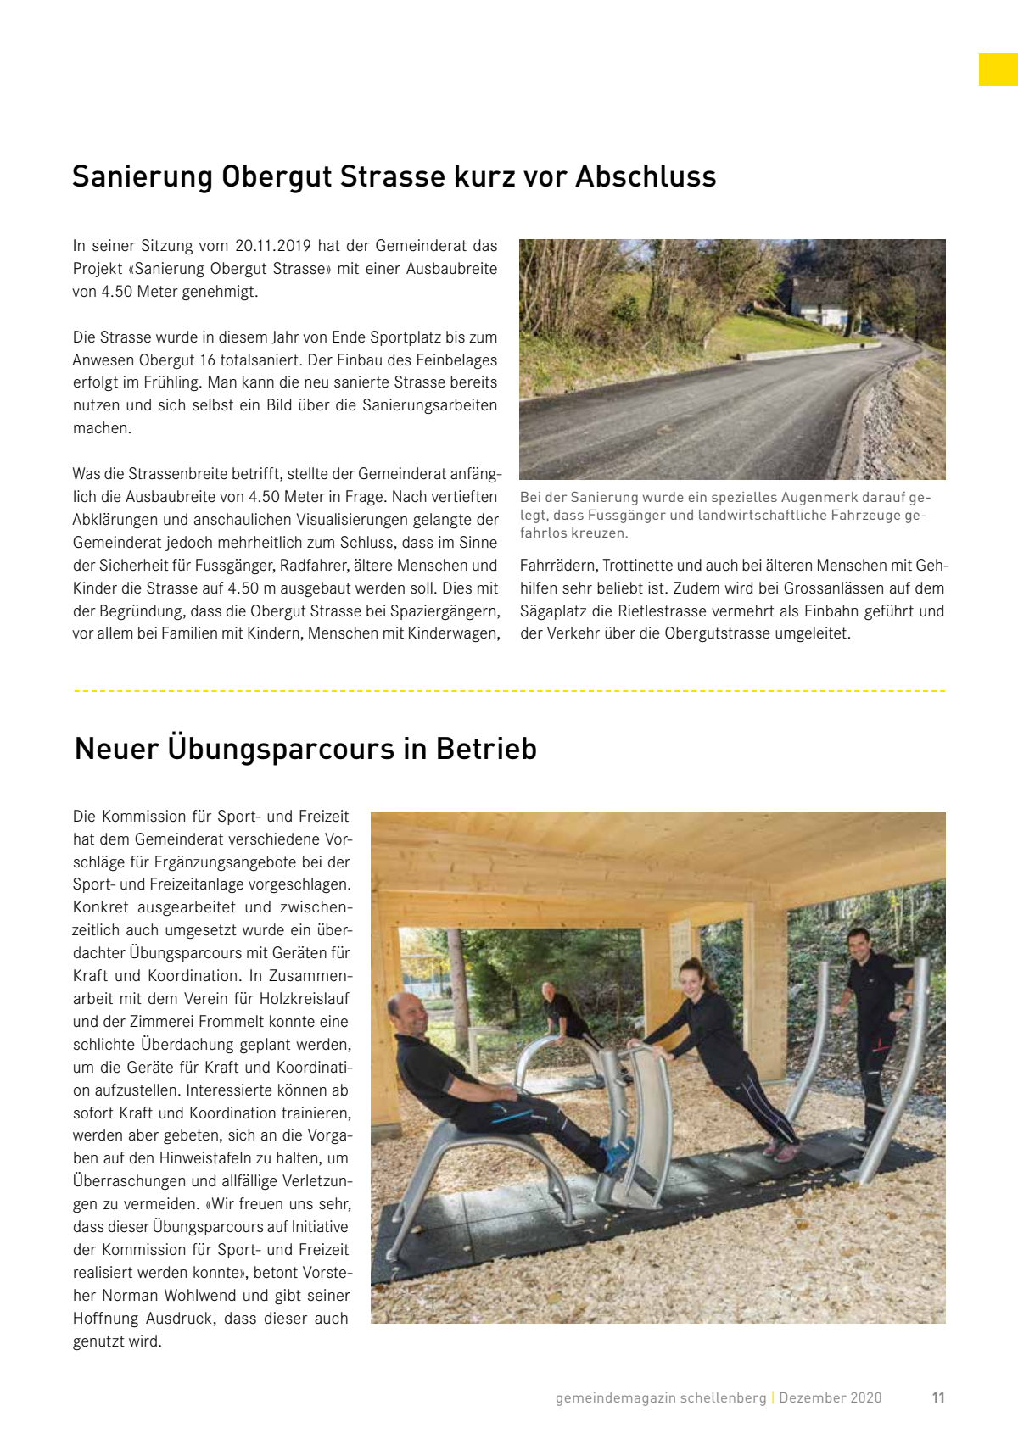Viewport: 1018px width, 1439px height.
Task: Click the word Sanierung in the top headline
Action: (142, 176)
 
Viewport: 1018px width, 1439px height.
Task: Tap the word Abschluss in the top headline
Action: (646, 176)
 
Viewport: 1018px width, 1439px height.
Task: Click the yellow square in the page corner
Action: (998, 70)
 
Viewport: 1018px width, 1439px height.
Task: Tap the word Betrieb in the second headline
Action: (486, 749)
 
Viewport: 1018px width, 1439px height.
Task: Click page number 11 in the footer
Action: (938, 1397)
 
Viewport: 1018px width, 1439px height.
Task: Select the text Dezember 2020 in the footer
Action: (830, 1397)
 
